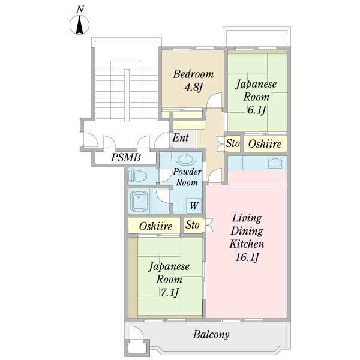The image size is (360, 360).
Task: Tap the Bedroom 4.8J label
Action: tap(193, 80)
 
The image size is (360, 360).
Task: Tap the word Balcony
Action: tap(211, 335)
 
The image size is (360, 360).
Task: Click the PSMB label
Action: tap(125, 158)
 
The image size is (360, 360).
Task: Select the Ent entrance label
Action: tap(181, 138)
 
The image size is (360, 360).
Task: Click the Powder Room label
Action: tap(187, 177)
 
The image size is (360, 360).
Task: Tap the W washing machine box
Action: tap(194, 206)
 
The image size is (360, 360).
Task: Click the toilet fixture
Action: tap(139, 176)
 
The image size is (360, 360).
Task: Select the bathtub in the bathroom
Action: tap(140, 200)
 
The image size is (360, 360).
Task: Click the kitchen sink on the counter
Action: tap(275, 162)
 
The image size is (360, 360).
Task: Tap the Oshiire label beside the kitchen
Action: tap(265, 143)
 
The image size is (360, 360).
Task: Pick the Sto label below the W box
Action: tap(192, 226)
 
